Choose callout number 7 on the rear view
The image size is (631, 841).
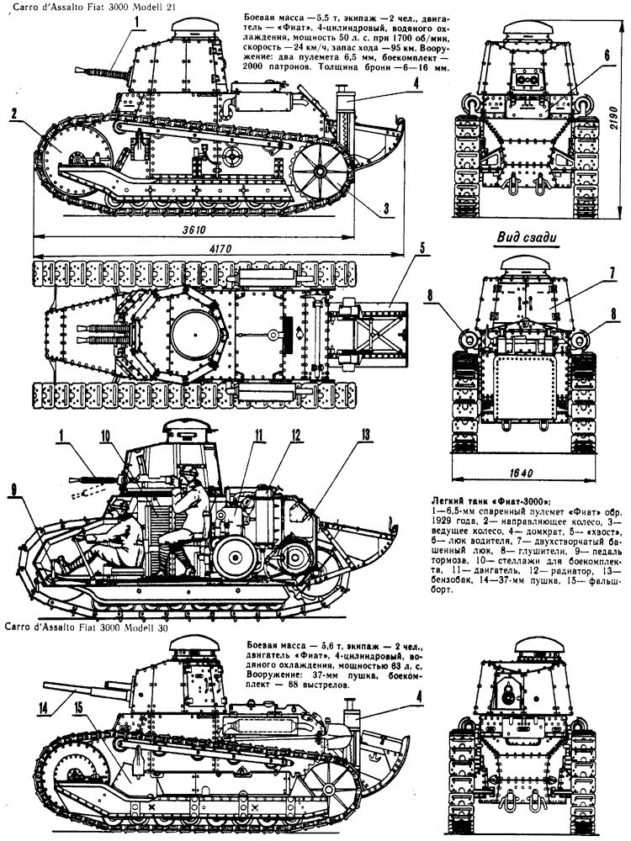(x=612, y=272)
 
